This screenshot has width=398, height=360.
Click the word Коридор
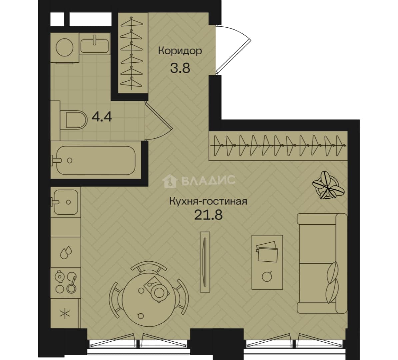[x=180, y=51]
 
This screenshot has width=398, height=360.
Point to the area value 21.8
[x=208, y=215]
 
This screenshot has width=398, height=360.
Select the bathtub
[x=95, y=160]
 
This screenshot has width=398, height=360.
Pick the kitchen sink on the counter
[x=66, y=202]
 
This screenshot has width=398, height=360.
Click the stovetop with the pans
[x=66, y=282]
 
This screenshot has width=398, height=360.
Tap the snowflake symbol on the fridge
[x=65, y=314]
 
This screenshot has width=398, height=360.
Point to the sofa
[x=322, y=263]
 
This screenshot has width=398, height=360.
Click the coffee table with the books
[x=267, y=262]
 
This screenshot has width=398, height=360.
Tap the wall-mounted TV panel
[x=205, y=261]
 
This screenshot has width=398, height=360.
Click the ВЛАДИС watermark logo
[x=200, y=181]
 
